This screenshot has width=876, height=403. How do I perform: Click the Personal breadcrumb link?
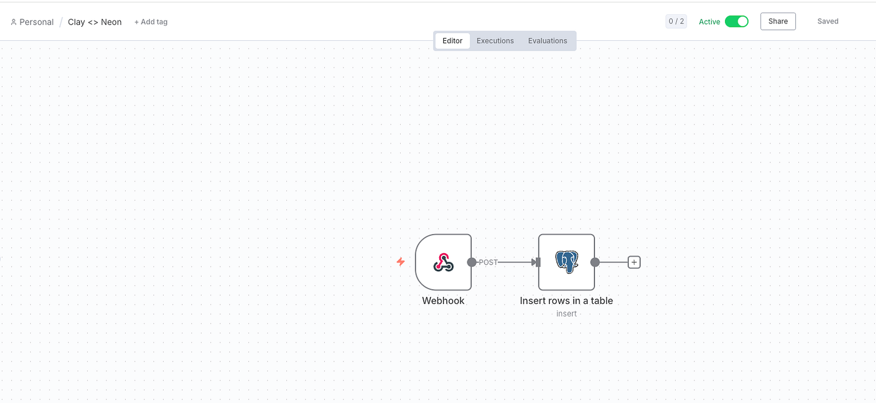[32, 22]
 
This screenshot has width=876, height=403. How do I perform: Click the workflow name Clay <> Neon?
[94, 22]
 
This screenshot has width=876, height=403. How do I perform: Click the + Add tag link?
[151, 22]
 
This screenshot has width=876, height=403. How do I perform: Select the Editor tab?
[452, 41]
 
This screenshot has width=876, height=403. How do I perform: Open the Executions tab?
[495, 41]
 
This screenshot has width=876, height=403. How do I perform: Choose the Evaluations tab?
[547, 41]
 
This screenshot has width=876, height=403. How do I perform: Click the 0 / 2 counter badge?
[676, 22]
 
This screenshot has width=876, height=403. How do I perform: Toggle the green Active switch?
[736, 22]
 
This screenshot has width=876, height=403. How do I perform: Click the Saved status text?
[828, 22]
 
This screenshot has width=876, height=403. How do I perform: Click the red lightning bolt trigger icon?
[401, 262]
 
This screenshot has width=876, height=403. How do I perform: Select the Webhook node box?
[443, 262]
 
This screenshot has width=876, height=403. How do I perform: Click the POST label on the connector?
[488, 262]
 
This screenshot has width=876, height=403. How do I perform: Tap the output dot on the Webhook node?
[472, 262]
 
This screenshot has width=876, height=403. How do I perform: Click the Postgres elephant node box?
[566, 262]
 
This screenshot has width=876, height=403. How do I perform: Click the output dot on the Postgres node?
[595, 262]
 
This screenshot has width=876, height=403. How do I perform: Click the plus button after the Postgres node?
[634, 262]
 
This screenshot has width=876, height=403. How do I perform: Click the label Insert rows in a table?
[566, 301]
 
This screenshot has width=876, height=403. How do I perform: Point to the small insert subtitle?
[566, 313]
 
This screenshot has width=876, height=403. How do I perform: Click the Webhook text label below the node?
[443, 301]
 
